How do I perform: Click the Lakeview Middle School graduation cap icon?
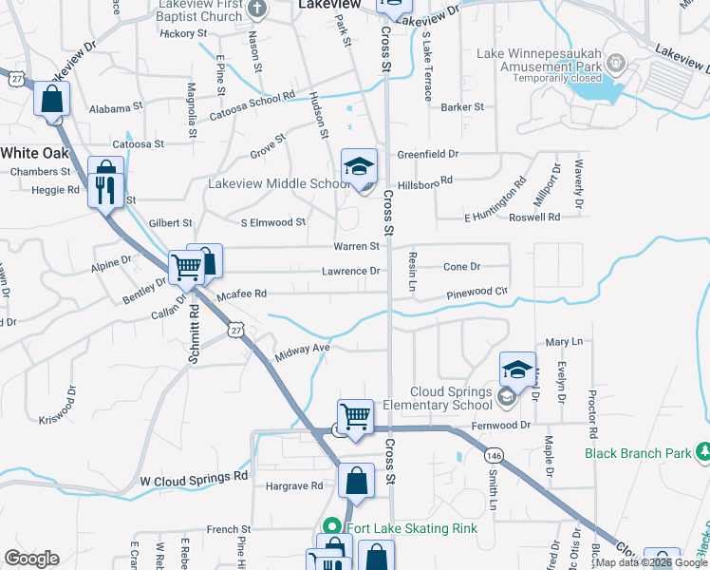pyautogui.click(x=360, y=167)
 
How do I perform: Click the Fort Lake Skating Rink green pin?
pyautogui.click(x=332, y=526)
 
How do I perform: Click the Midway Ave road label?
pyautogui.click(x=301, y=352)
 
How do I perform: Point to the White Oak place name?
pyautogui.click(x=35, y=152)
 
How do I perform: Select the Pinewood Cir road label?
pyautogui.click(x=479, y=294)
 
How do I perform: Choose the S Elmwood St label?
pyautogui.click(x=272, y=222)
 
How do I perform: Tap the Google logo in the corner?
pyautogui.click(x=32, y=558)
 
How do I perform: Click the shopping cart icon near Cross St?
pyautogui.click(x=355, y=415)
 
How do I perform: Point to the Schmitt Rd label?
pyautogui.click(x=195, y=332)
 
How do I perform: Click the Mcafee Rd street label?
pyautogui.click(x=241, y=294)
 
